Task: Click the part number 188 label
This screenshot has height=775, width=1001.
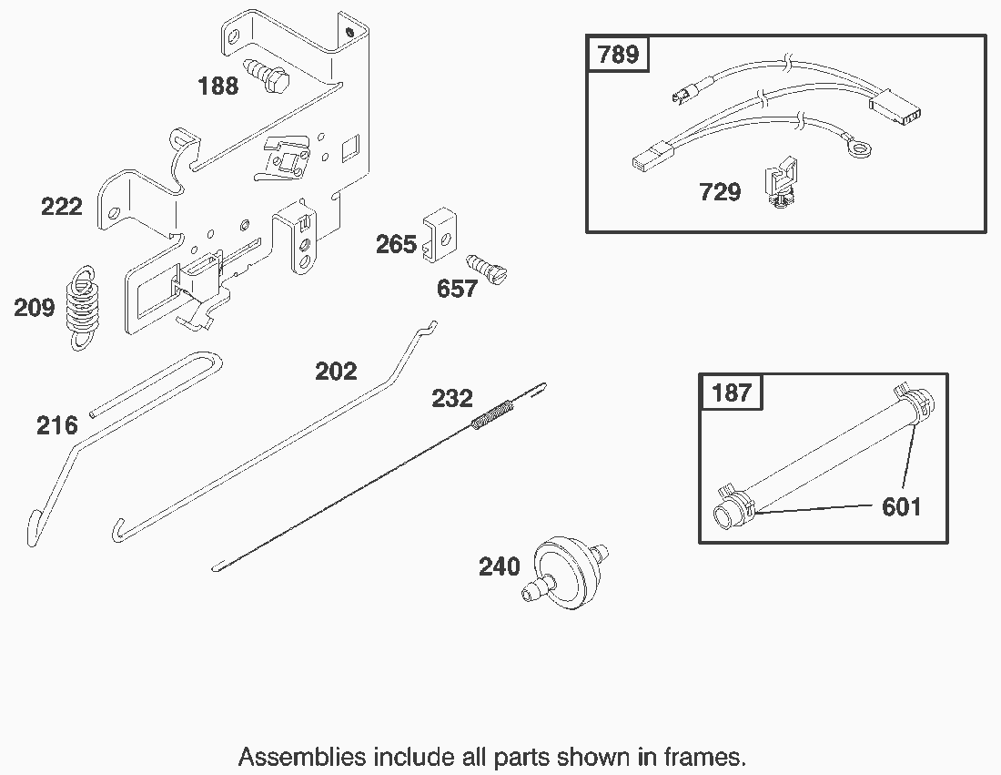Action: pos(217,86)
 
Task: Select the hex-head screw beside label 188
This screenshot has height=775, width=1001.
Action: pos(267,74)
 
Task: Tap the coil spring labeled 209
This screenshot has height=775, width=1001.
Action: pos(83,308)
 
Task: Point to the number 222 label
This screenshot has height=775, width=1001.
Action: pos(61,207)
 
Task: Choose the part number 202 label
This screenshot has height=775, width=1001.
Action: pos(336,372)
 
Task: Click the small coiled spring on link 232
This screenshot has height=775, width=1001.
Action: pos(492,414)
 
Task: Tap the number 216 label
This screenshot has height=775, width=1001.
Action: pos(56,425)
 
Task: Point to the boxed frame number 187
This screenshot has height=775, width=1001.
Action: pos(731,393)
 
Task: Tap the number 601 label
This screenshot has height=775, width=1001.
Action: pos(902,507)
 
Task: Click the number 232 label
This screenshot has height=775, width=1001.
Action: pos(452,399)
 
